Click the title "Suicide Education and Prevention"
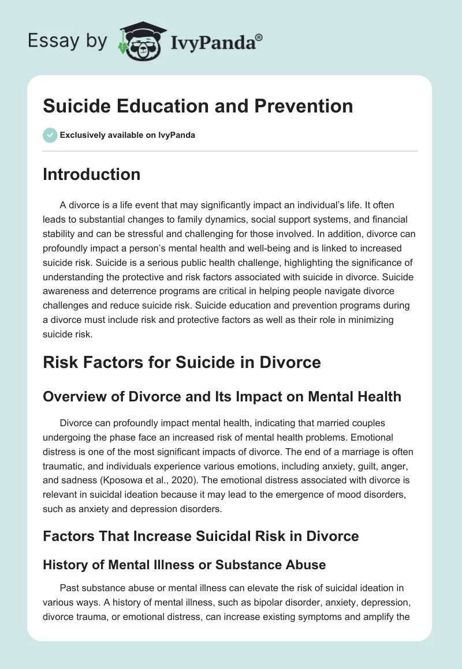click(x=198, y=106)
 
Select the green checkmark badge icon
click(x=50, y=135)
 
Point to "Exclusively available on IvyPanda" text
click(x=128, y=135)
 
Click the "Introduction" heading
click(x=91, y=174)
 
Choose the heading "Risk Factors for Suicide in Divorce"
click(x=182, y=363)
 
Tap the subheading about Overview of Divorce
click(x=222, y=396)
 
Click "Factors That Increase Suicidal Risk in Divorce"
click(x=201, y=536)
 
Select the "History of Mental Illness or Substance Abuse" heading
click(x=184, y=565)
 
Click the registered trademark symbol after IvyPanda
click(x=260, y=37)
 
